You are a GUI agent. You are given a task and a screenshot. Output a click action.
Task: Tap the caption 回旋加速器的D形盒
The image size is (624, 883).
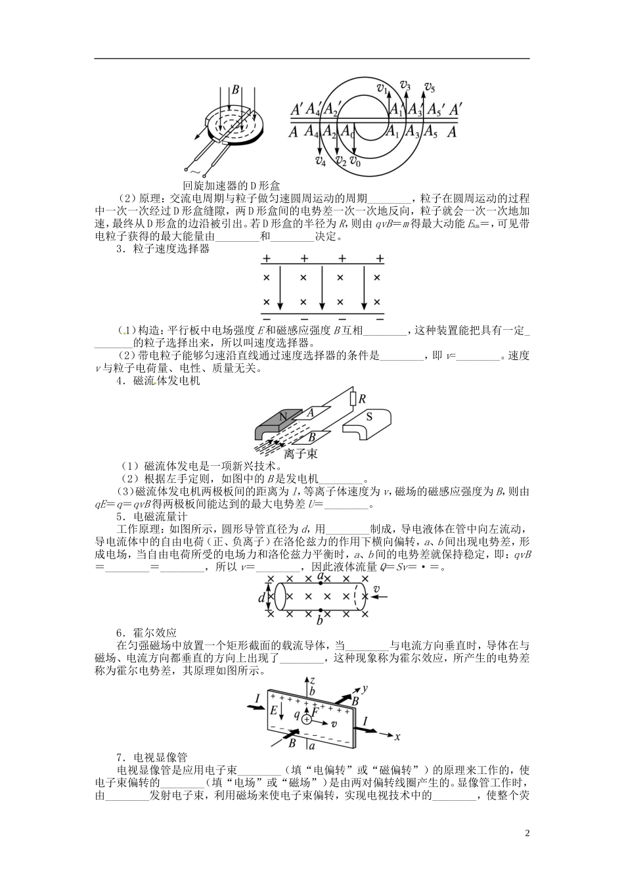click(x=227, y=186)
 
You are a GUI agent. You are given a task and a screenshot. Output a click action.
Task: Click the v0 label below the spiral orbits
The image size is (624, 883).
click(x=355, y=161)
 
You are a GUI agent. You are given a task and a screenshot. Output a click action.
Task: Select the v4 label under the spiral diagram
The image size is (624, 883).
click(x=320, y=160)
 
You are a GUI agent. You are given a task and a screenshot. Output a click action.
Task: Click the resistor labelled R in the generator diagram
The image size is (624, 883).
click(x=353, y=399)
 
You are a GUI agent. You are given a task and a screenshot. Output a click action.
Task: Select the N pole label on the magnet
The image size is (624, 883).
click(x=283, y=417)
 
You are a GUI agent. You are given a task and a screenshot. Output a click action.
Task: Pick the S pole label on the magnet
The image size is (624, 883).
click(x=369, y=416)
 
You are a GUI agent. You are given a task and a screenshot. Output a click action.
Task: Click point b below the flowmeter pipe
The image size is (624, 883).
click(x=320, y=620)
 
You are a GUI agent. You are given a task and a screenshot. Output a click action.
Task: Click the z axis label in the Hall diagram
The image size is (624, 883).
click(x=313, y=681)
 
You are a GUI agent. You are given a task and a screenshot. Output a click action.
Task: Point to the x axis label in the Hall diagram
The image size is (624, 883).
click(x=397, y=736)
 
